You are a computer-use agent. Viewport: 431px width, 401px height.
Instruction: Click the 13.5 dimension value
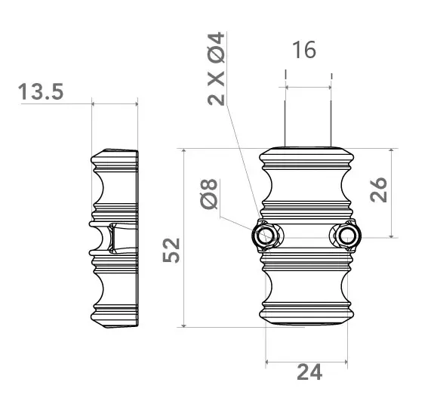41,92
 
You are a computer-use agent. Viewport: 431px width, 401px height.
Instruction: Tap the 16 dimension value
303,51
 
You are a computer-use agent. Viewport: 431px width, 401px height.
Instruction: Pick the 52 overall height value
173,249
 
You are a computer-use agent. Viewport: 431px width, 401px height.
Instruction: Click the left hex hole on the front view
265,236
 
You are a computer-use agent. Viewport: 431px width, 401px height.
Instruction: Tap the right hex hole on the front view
346,236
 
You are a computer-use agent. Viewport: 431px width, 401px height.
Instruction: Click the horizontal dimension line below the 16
308,86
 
